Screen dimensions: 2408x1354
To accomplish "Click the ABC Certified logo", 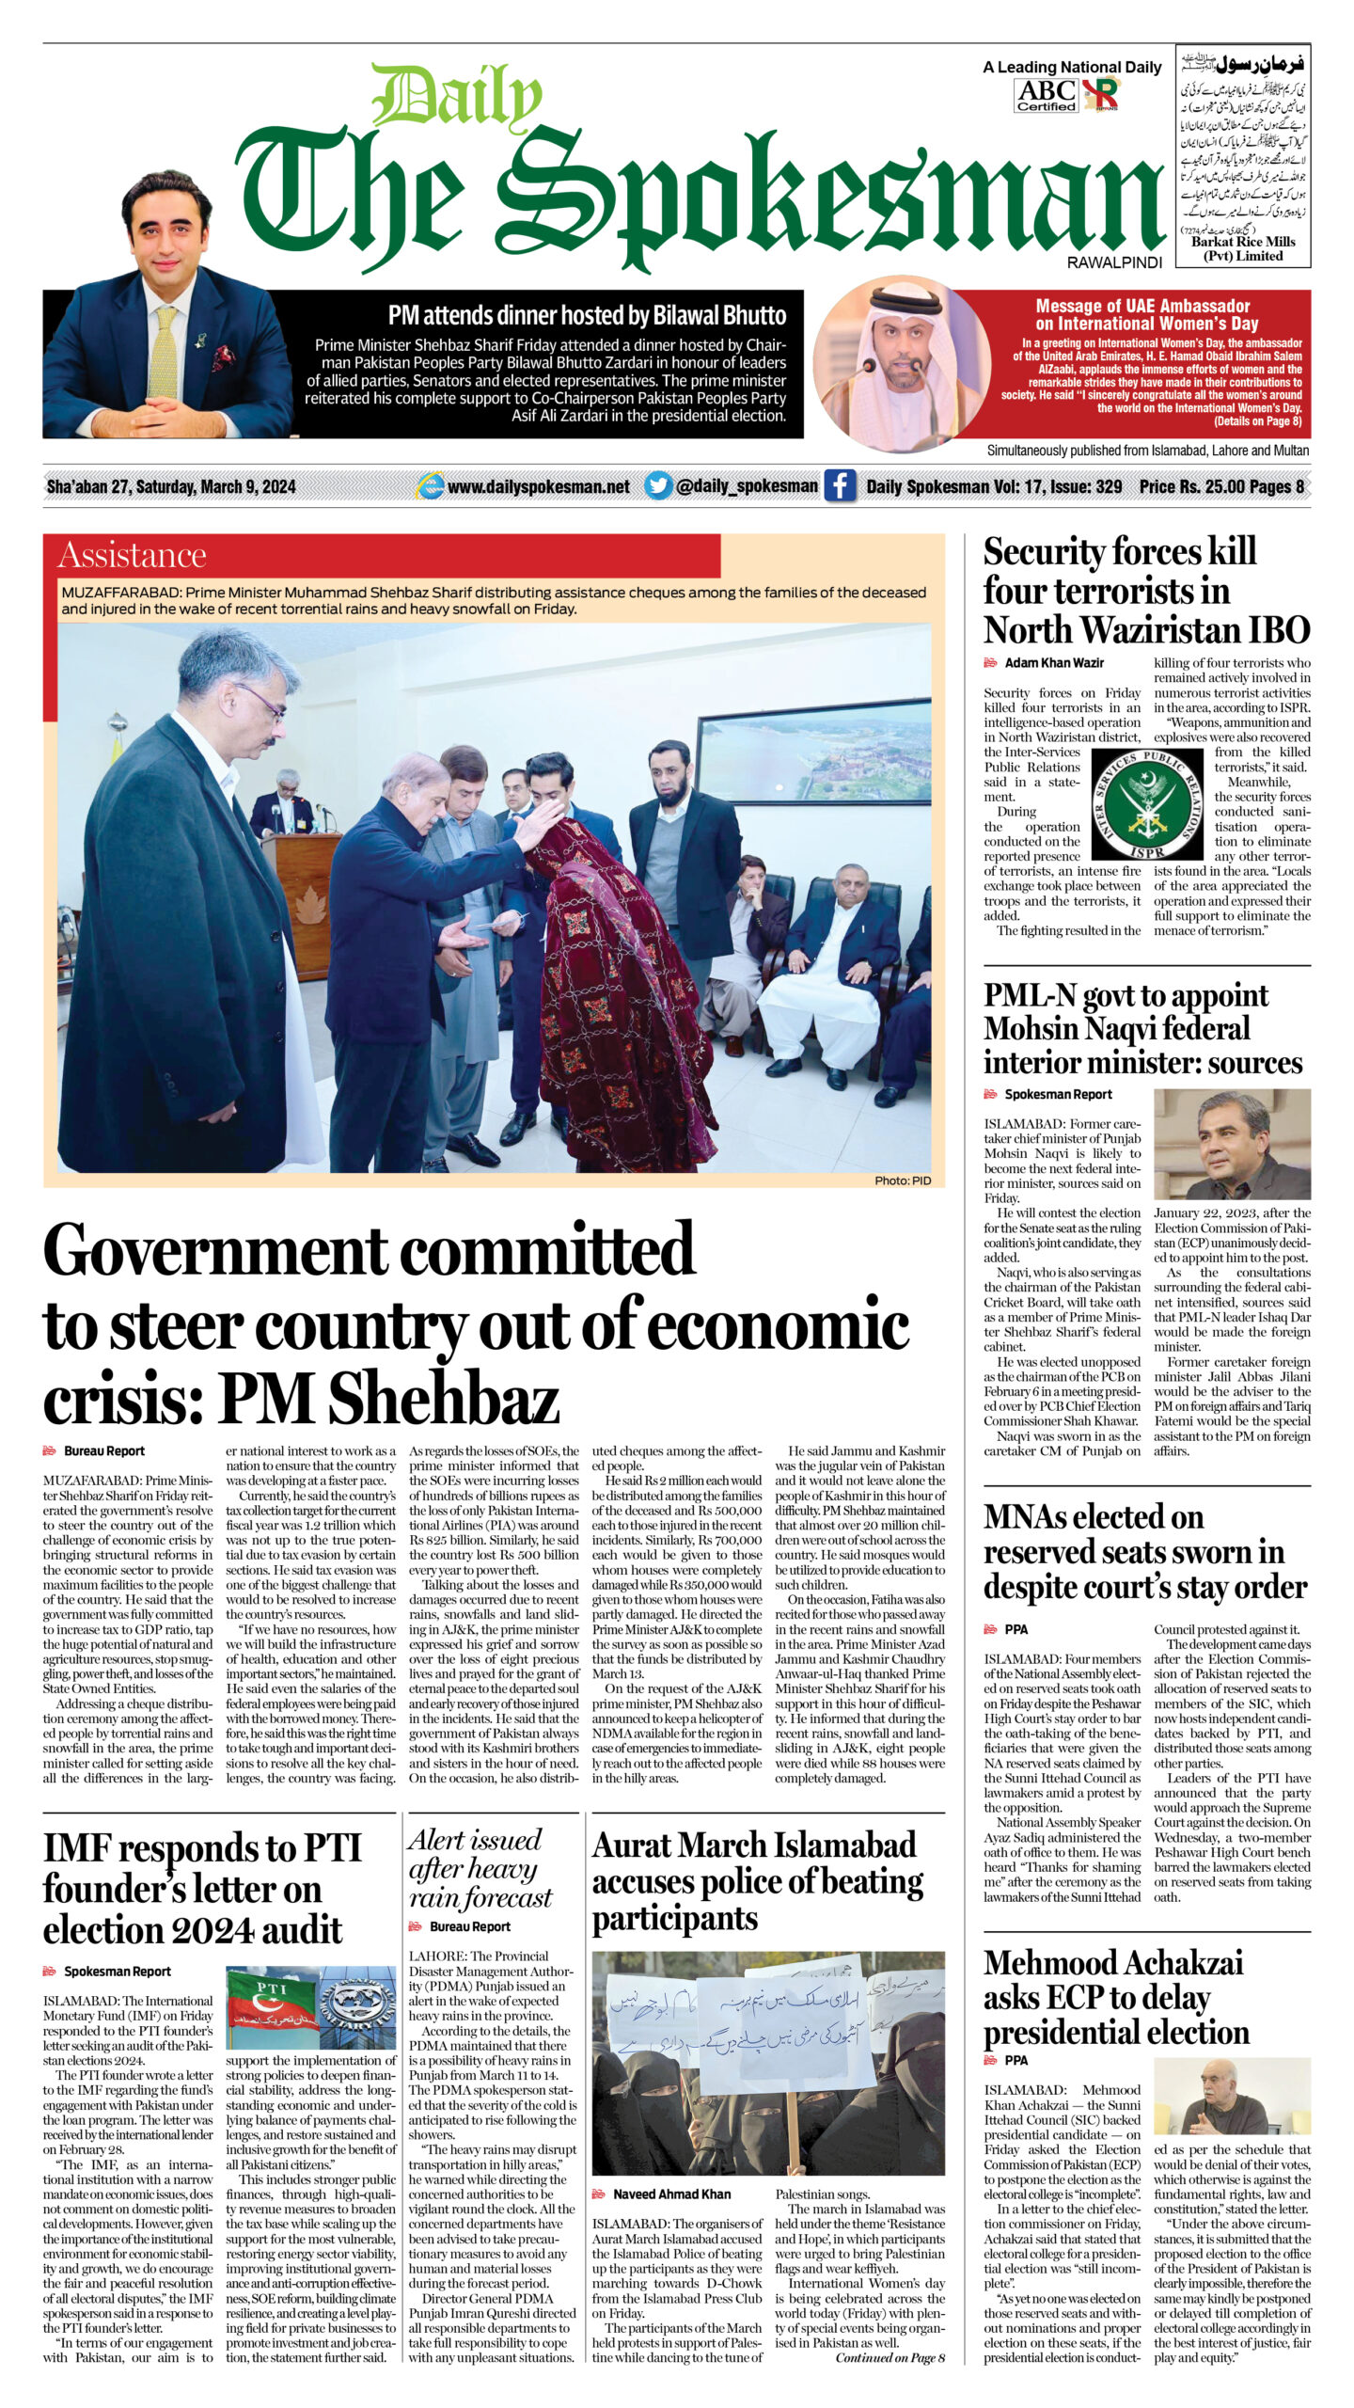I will pyautogui.click(x=1046, y=95).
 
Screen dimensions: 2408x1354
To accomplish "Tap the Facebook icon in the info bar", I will pyautogui.click(x=839, y=485).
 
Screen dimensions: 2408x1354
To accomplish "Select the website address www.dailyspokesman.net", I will pyautogui.click(x=538, y=486).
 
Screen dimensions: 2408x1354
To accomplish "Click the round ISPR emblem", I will pyautogui.click(x=1146, y=804).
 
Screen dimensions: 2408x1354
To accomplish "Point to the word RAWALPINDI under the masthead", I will pyautogui.click(x=1114, y=263).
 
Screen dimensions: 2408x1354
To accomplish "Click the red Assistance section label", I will pyautogui.click(x=132, y=555).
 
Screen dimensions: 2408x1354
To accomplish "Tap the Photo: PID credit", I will pyautogui.click(x=903, y=1180).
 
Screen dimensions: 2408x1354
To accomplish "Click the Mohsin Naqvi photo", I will pyautogui.click(x=1231, y=1144).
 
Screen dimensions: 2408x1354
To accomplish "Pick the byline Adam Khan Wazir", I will pyautogui.click(x=1054, y=663).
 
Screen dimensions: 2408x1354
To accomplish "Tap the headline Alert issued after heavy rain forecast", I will pyautogui.click(x=480, y=1868).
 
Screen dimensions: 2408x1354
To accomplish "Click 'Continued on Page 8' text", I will pyautogui.click(x=890, y=2357).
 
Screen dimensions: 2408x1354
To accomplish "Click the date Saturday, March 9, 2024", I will pyautogui.click(x=216, y=486).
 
